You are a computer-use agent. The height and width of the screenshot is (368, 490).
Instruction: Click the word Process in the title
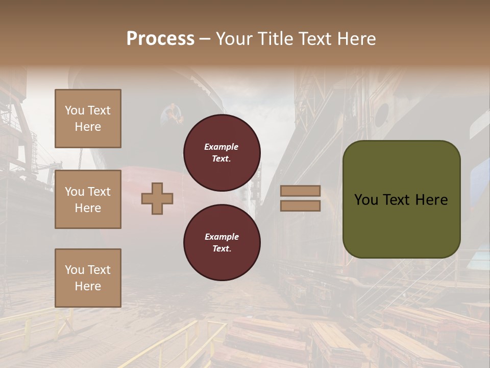[x=160, y=39]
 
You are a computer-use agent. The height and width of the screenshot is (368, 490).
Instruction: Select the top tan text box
[x=88, y=119]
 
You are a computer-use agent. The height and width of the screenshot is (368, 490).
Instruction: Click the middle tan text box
[x=88, y=199]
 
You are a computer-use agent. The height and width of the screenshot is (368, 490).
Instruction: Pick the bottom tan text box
[x=88, y=278]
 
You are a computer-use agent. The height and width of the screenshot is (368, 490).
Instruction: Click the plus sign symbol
[x=157, y=198]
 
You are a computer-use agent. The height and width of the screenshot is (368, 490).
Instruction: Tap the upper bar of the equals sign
[x=300, y=191]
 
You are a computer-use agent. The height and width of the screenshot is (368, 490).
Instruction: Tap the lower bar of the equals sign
[x=300, y=205]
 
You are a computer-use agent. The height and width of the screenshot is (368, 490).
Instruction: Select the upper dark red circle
[x=222, y=152]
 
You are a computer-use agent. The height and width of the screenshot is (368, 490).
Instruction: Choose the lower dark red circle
[x=222, y=242]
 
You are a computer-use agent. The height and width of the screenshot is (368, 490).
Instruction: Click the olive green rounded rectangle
[x=401, y=199]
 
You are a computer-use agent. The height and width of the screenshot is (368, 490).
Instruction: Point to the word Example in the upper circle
[x=222, y=147]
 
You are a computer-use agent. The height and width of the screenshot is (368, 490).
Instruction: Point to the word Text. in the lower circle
[x=222, y=248]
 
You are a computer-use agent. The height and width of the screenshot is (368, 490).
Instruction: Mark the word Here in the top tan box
[x=88, y=127]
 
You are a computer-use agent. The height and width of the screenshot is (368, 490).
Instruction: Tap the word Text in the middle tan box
[x=99, y=192]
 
